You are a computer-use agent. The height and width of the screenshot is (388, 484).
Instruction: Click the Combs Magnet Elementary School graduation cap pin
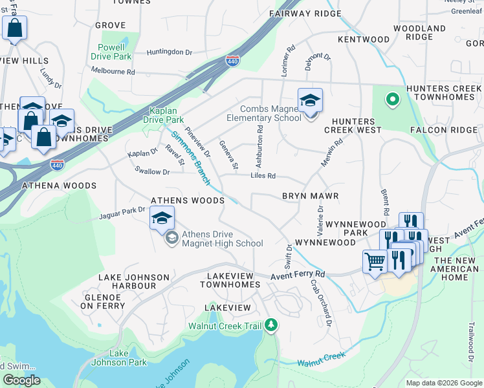[310, 101]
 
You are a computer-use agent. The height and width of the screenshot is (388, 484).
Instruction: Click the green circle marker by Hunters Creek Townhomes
[391, 100]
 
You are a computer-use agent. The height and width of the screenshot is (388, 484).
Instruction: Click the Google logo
[21, 380]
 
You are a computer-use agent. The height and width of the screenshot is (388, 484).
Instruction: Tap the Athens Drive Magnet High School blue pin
[162, 219]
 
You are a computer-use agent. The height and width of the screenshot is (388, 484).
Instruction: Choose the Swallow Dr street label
[151, 172]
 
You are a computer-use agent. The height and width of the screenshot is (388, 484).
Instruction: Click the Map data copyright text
[444, 383]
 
